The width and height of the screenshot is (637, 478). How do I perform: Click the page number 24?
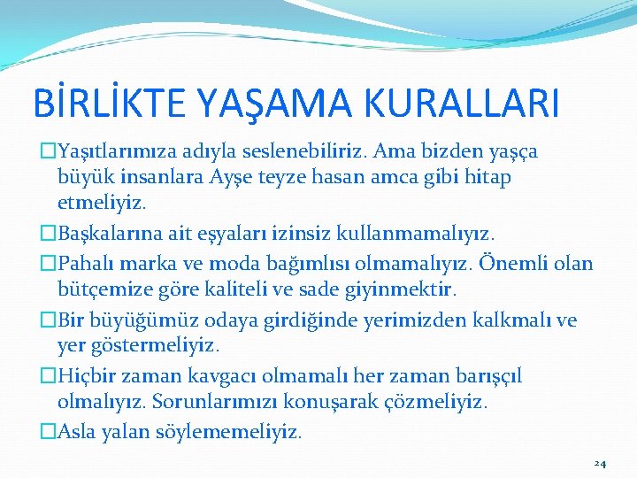point(600,463)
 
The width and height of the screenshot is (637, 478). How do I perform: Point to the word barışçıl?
point(486,376)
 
